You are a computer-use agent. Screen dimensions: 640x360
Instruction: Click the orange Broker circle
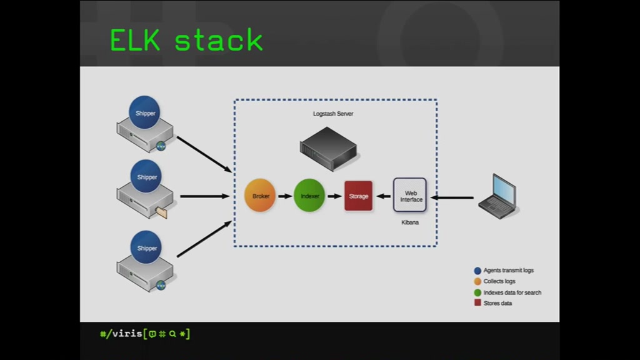260,196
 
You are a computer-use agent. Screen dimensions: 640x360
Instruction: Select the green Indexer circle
309,196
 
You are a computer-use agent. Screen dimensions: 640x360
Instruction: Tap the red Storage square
358,196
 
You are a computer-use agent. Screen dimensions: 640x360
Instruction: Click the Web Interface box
410,195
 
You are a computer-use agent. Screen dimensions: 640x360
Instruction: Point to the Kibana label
410,222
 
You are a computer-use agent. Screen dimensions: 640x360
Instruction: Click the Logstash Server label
333,114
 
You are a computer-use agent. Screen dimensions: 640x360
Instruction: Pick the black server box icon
329,149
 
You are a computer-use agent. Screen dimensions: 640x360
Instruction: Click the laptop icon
498,197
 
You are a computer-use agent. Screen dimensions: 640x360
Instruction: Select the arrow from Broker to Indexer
285,196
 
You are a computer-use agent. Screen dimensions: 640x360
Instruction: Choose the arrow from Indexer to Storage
335,196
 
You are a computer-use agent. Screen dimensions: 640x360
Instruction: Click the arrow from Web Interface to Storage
383,196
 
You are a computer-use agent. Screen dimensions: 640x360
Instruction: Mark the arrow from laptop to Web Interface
452,197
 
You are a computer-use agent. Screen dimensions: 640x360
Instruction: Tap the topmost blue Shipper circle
144,112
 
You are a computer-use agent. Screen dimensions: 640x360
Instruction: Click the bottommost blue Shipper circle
146,247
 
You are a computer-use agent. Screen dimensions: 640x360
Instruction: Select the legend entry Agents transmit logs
504,270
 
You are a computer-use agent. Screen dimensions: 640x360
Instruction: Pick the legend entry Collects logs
495,281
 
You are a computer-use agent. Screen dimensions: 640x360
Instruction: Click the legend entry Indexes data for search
507,292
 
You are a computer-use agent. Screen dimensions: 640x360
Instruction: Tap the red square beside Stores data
477,302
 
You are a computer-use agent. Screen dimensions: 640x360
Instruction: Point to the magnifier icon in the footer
172,334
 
